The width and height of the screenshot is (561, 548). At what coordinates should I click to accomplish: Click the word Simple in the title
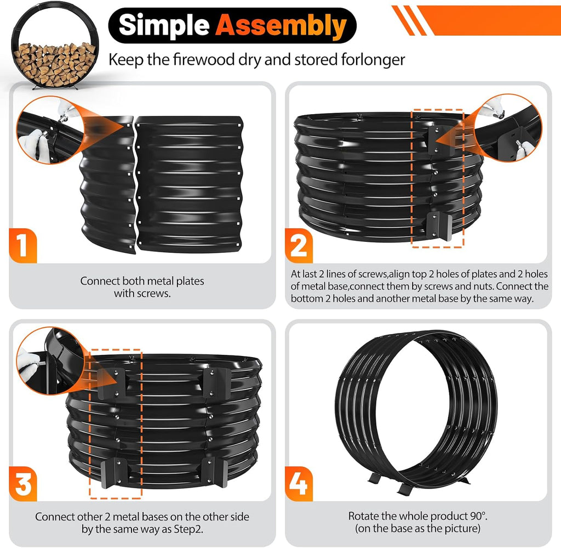(x=164, y=25)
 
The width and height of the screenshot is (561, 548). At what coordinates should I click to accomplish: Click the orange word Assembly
(x=281, y=26)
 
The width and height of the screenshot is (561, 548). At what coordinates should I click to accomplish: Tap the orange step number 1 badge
(x=22, y=246)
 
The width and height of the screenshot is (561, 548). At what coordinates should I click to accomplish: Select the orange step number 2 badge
(x=299, y=246)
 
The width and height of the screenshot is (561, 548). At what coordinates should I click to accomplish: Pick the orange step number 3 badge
(x=22, y=483)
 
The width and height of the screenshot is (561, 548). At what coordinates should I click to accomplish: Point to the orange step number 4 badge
(x=299, y=483)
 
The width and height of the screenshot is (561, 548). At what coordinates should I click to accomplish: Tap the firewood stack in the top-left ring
(x=54, y=64)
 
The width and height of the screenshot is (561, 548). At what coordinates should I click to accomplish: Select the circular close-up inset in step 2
(x=509, y=128)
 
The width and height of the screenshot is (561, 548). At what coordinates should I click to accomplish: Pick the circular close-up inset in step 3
(x=50, y=361)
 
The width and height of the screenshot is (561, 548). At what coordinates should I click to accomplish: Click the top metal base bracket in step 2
(x=439, y=140)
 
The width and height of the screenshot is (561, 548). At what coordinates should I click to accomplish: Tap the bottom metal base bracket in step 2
(x=439, y=225)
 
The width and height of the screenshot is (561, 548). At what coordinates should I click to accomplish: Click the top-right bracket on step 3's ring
(x=217, y=382)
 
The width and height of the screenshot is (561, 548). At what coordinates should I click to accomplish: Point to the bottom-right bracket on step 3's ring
(x=215, y=472)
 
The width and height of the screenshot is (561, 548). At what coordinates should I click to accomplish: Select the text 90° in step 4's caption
(x=479, y=516)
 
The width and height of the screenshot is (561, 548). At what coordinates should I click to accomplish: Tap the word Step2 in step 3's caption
(x=188, y=529)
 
